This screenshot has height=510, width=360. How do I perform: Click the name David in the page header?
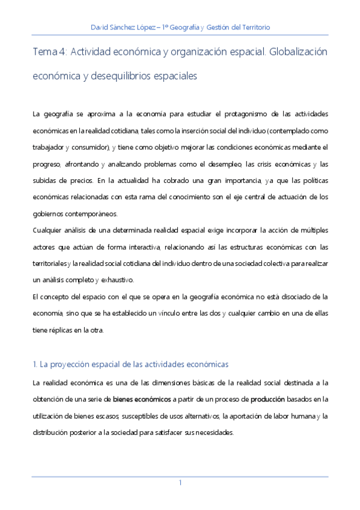pyautogui.click(x=99, y=28)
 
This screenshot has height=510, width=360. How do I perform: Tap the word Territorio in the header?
pyautogui.click(x=255, y=28)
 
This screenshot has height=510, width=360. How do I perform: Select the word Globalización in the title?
pyautogui.click(x=299, y=52)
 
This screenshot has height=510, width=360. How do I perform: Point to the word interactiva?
pyautogui.click(x=139, y=247)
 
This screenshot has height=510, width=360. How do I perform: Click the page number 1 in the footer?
pyautogui.click(x=180, y=483)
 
